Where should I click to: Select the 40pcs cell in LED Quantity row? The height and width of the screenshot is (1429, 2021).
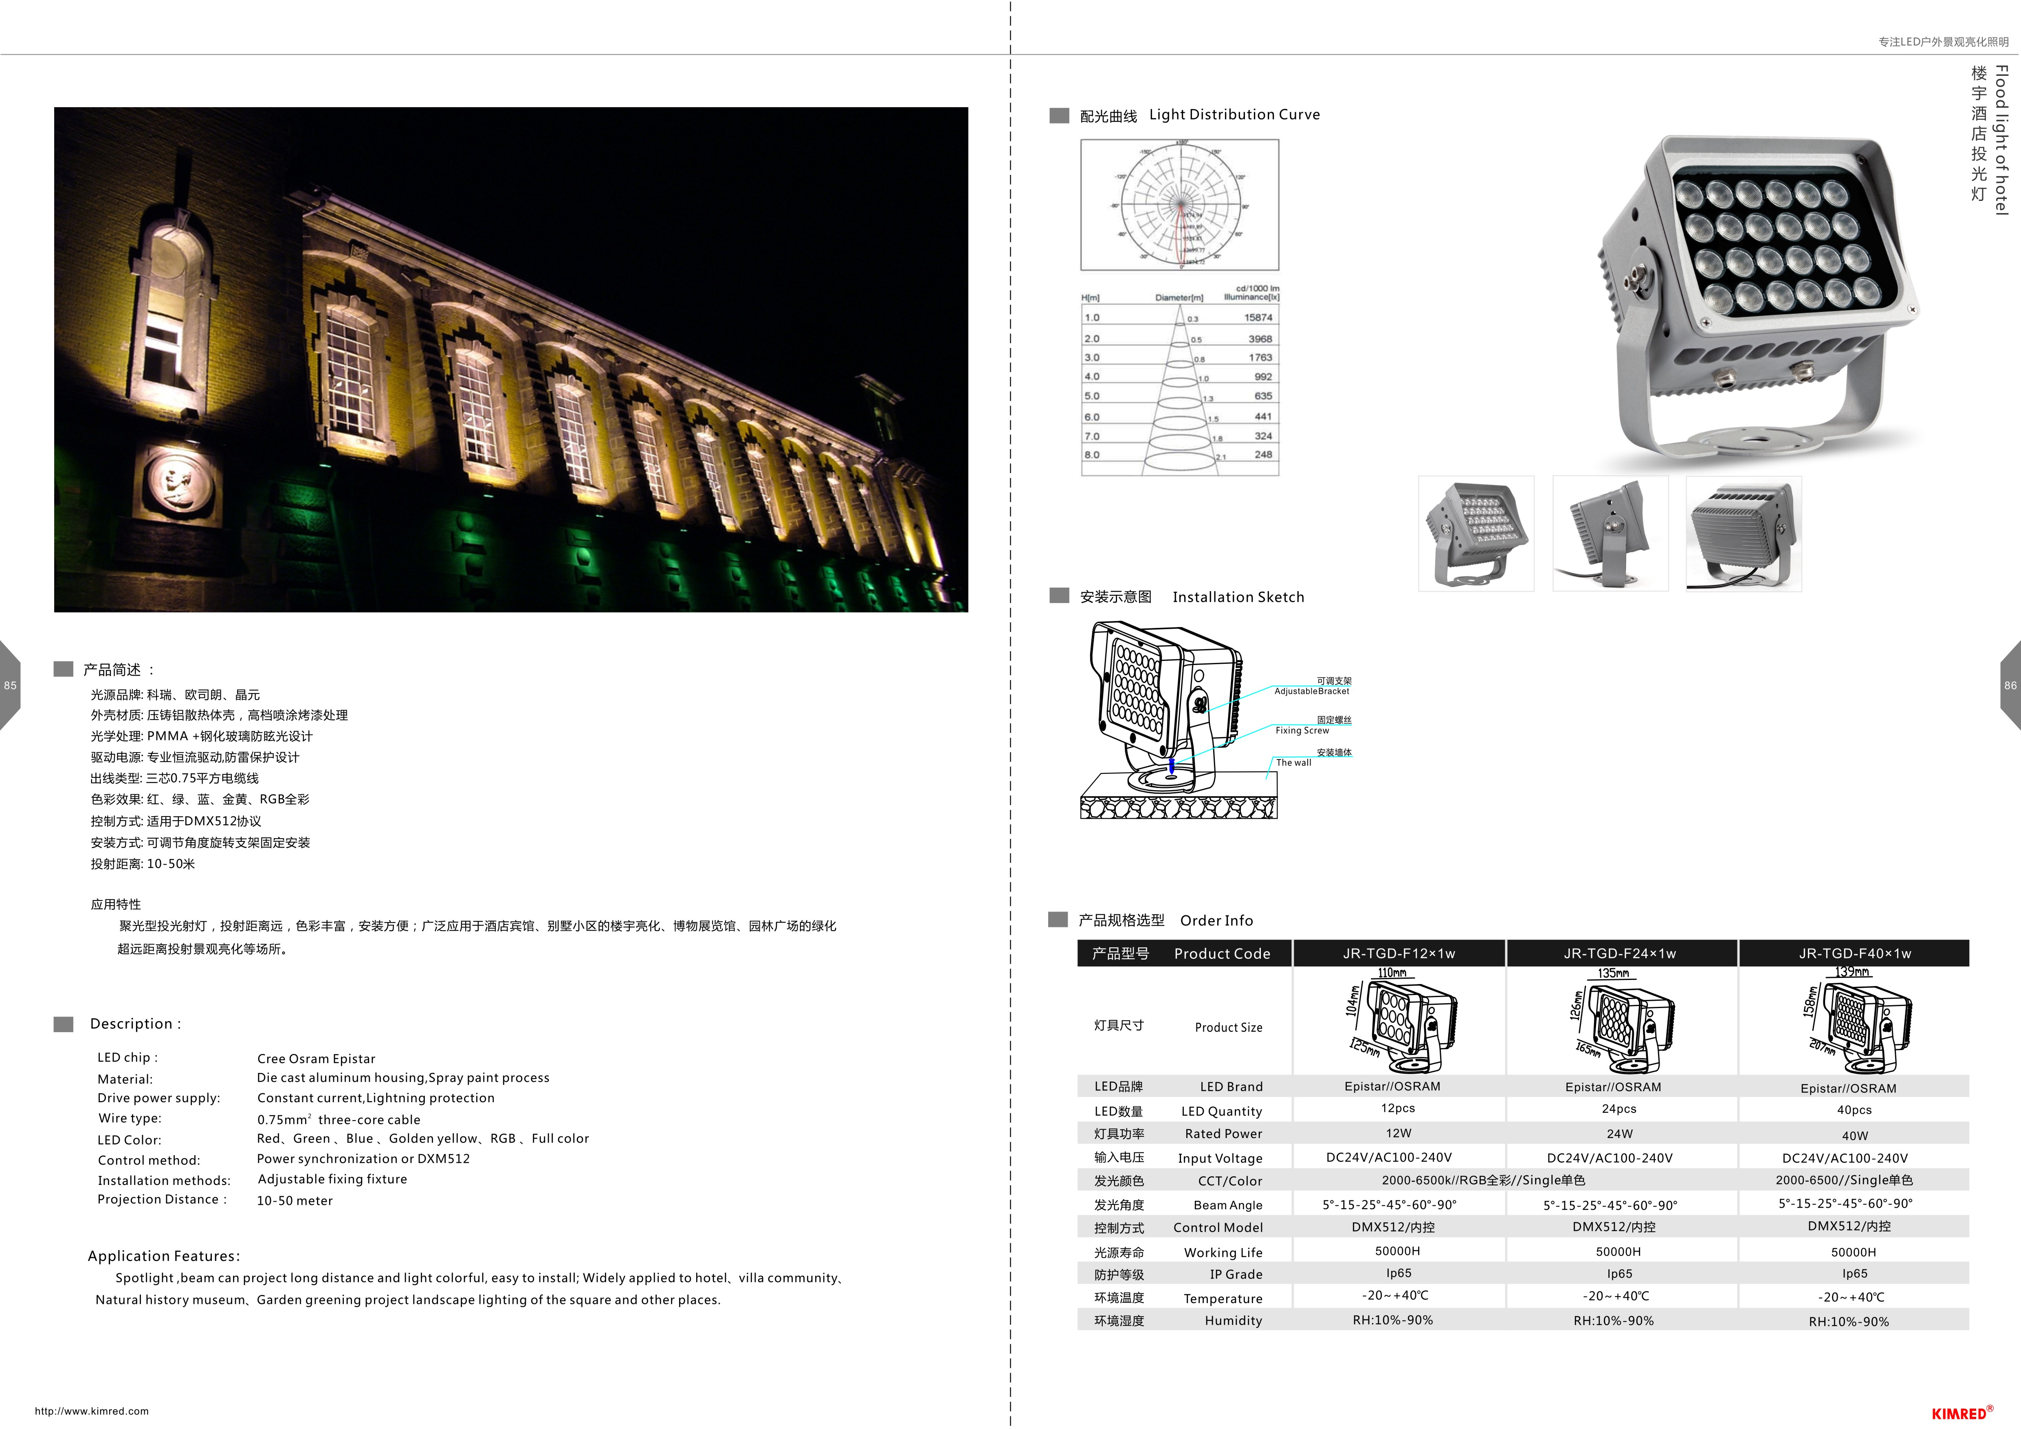tap(1854, 1110)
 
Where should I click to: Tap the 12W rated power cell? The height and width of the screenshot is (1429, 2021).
tap(1398, 1133)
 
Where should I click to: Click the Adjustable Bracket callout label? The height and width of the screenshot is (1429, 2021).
tap(1311, 691)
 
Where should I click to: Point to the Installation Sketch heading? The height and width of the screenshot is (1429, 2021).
tap(1238, 597)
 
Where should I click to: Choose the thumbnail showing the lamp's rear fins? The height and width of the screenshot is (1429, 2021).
tap(1743, 533)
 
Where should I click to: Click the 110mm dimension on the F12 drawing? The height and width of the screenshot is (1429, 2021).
tap(1392, 973)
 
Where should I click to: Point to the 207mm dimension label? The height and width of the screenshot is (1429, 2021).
tap(1822, 1048)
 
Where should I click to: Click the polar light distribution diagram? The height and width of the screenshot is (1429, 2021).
tap(1179, 204)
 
